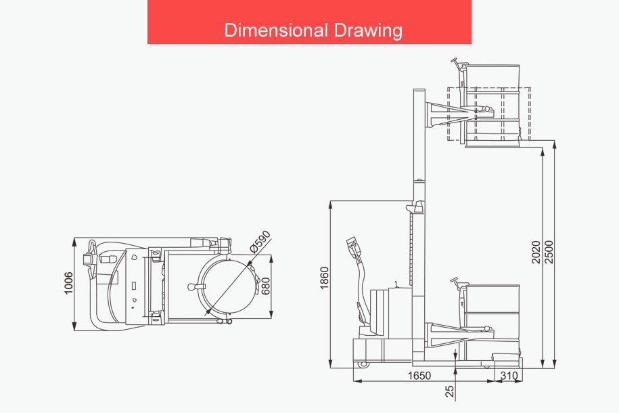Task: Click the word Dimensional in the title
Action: coord(276,30)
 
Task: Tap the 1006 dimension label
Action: coord(69,283)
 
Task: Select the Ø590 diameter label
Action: coord(260,241)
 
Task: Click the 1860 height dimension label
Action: coord(325,278)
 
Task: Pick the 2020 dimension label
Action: coord(536,252)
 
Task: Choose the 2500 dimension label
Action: coord(549,252)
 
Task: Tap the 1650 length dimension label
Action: coord(419,376)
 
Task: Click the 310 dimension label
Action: coord(509,376)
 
